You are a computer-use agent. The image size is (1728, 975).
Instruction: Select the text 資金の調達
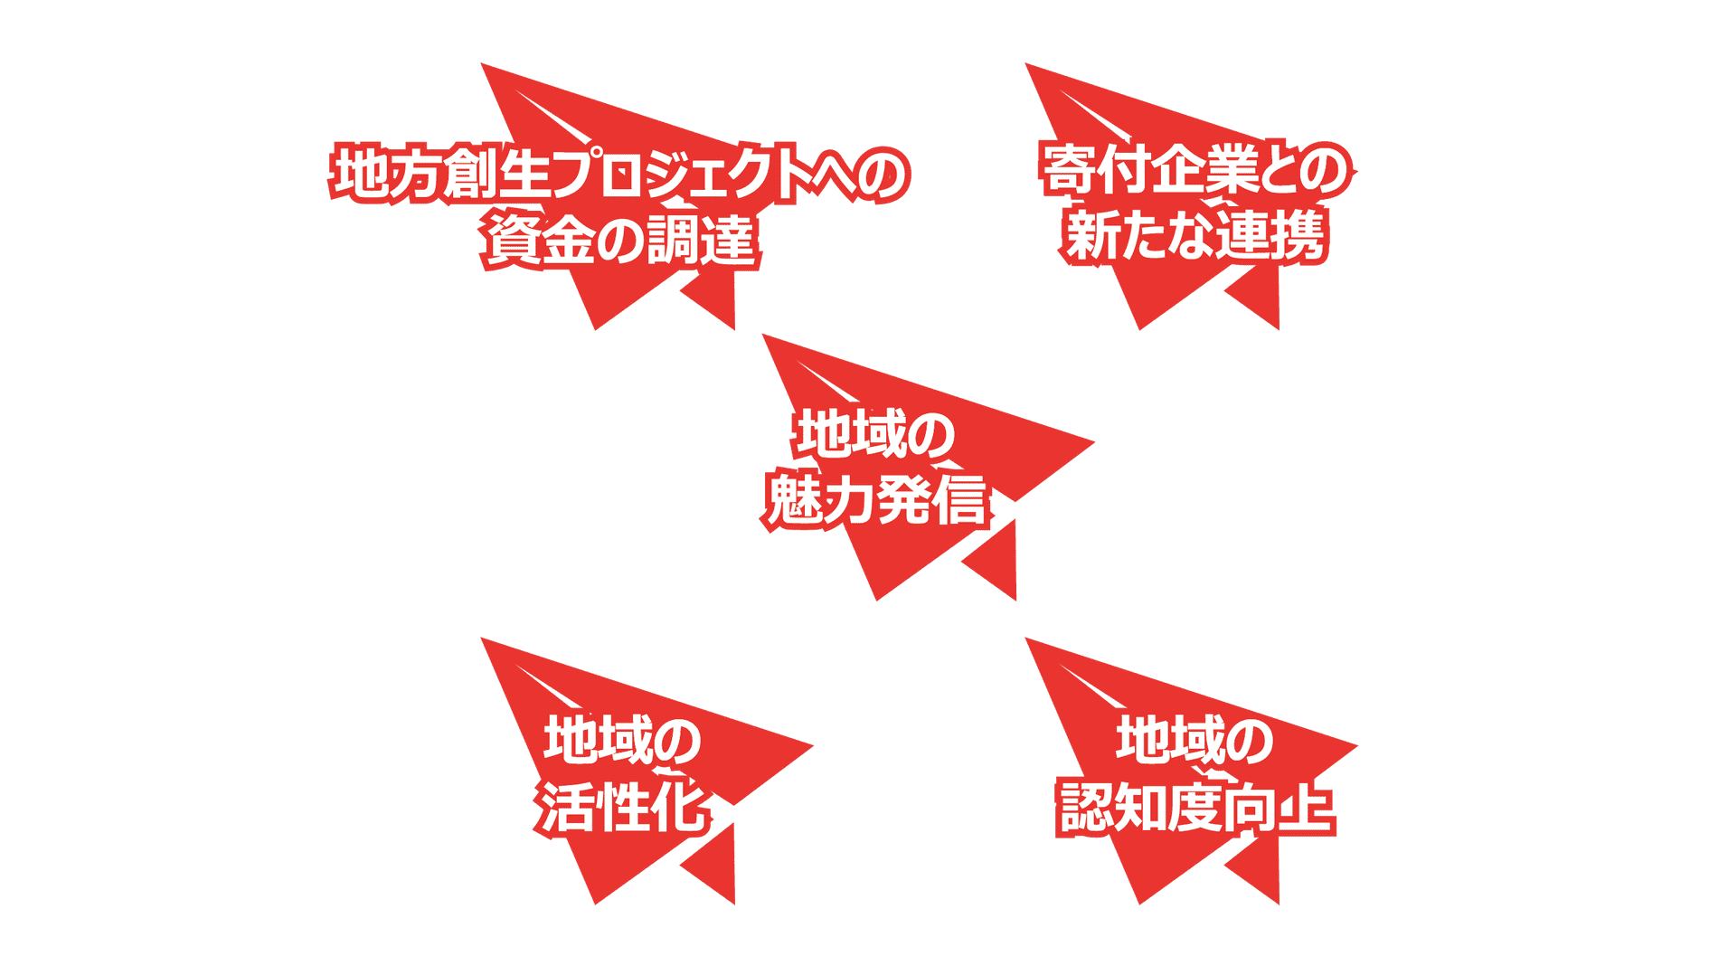pos(620,240)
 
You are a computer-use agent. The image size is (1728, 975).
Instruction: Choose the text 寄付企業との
pos(1196,169)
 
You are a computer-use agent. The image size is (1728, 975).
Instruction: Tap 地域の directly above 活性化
pos(622,740)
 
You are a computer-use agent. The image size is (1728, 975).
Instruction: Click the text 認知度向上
pos(1195,807)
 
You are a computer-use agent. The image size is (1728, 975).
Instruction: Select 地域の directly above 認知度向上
pos(1194,739)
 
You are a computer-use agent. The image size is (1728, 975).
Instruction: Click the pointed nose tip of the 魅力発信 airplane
pos(1093,442)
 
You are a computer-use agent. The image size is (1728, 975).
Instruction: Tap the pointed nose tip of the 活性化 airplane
pos(812,746)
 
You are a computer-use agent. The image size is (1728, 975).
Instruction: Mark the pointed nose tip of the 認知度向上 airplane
pos(1356,746)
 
